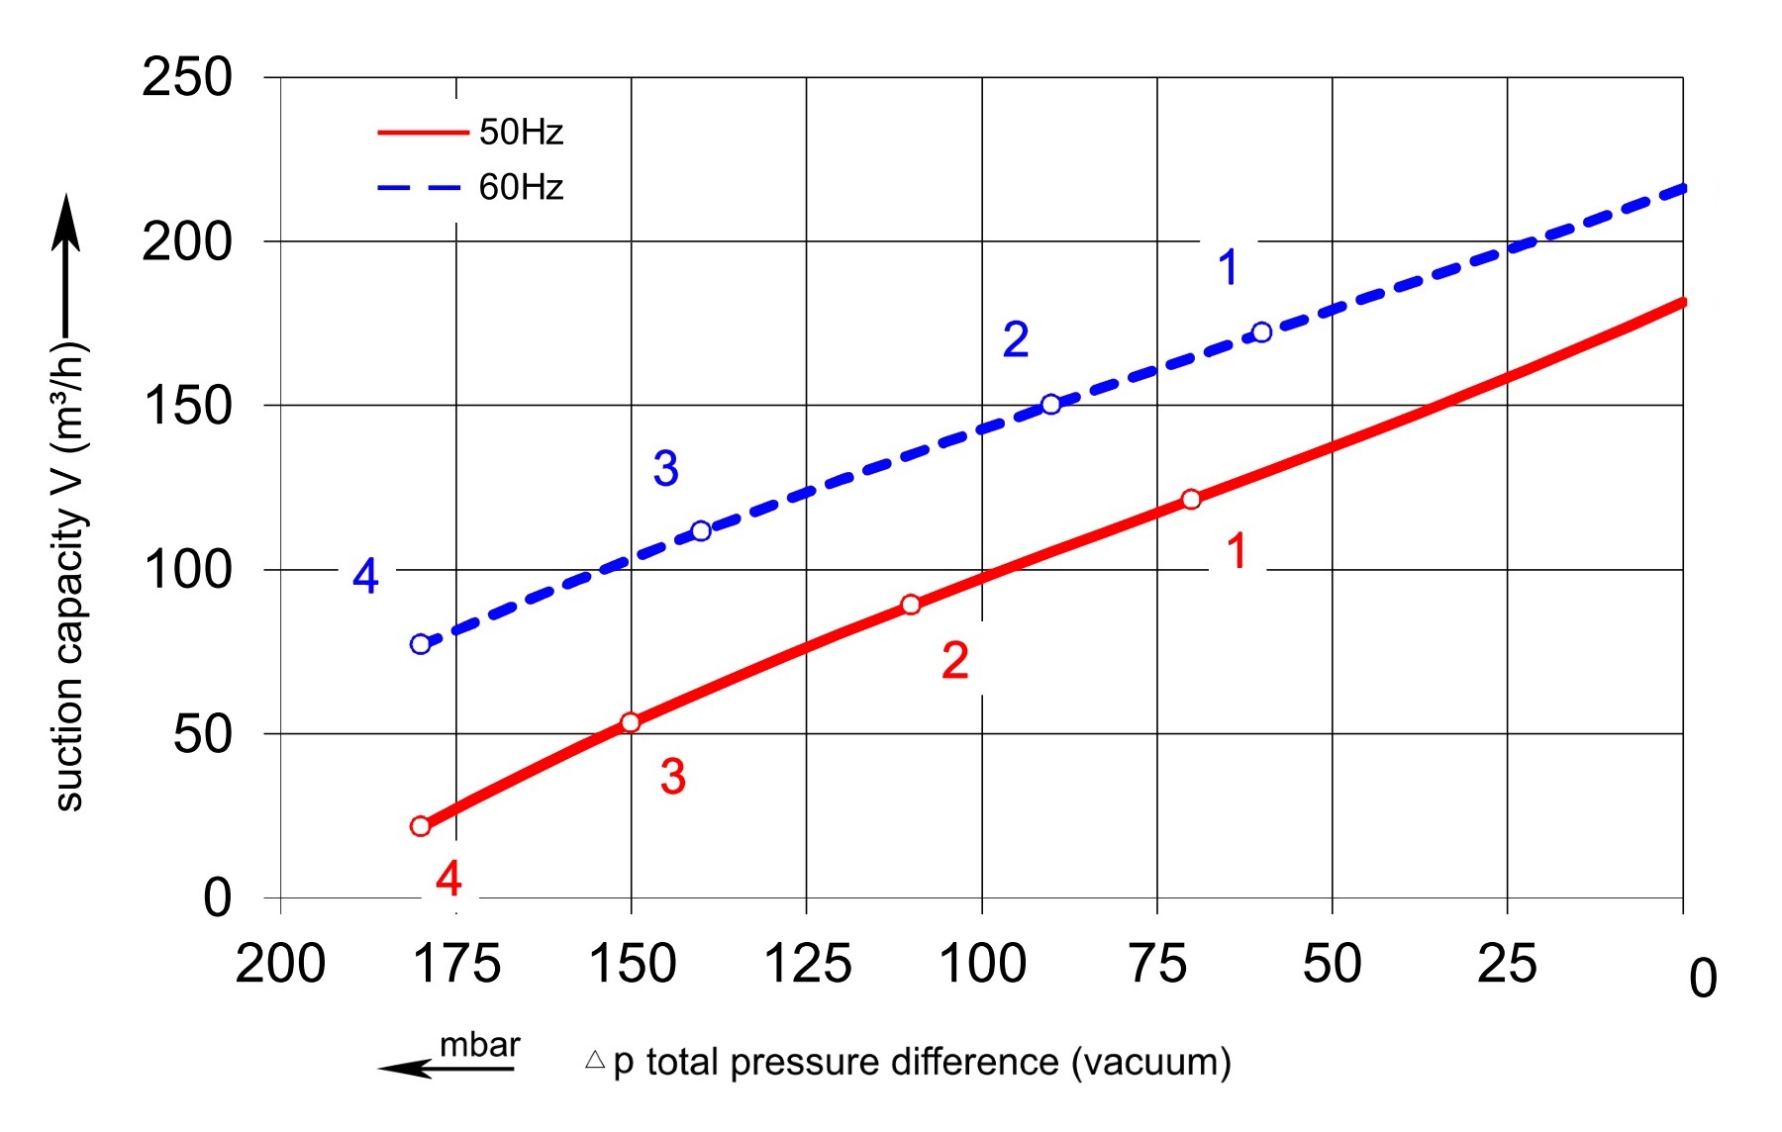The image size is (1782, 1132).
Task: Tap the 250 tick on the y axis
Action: click(x=187, y=77)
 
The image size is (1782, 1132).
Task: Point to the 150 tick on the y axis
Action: click(x=187, y=406)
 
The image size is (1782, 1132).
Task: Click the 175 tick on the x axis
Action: click(x=456, y=964)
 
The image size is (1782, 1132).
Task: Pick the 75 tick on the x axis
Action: click(x=1157, y=964)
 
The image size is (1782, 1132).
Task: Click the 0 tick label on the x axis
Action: click(x=1703, y=979)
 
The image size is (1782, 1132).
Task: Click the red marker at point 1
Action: click(x=1191, y=500)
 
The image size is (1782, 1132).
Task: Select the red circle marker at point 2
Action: click(x=911, y=605)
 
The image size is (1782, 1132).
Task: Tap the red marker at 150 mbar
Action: click(x=631, y=722)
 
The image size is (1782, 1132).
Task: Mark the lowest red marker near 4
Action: click(x=421, y=826)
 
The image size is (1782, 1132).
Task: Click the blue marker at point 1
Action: click(x=1261, y=332)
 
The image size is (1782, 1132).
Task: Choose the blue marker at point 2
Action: click(x=1051, y=405)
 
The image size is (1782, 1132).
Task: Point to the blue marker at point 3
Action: click(x=701, y=531)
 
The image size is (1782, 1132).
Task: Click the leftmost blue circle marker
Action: click(x=421, y=644)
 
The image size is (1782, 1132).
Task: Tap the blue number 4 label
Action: click(x=365, y=576)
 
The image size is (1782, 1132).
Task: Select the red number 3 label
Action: click(x=673, y=777)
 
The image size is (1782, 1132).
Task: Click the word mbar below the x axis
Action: click(x=480, y=1045)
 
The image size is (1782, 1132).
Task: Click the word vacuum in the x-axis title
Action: click(x=1151, y=1063)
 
